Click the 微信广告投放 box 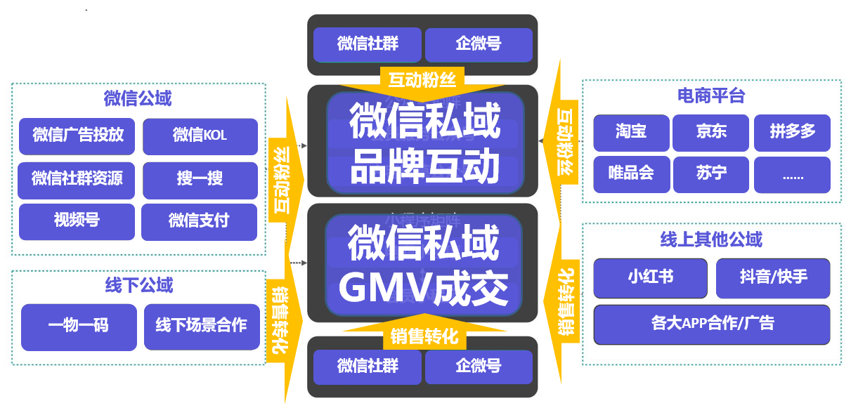click(x=77, y=136)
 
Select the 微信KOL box click(x=200, y=136)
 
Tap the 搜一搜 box click(x=200, y=179)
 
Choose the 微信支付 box click(x=199, y=221)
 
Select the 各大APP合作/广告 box click(x=712, y=324)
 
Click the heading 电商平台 click(x=711, y=96)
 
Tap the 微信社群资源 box click(x=77, y=179)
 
